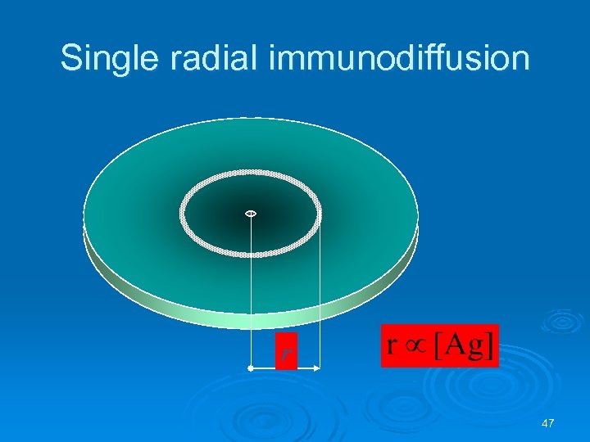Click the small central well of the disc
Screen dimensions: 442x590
(x=251, y=214)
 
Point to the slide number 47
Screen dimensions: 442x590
(x=548, y=423)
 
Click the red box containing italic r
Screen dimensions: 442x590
(x=284, y=352)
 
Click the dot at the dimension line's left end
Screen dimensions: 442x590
(x=251, y=370)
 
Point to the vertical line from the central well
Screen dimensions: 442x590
(x=251, y=286)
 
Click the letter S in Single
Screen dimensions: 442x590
(x=72, y=59)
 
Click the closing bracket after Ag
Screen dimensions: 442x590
(x=490, y=346)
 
